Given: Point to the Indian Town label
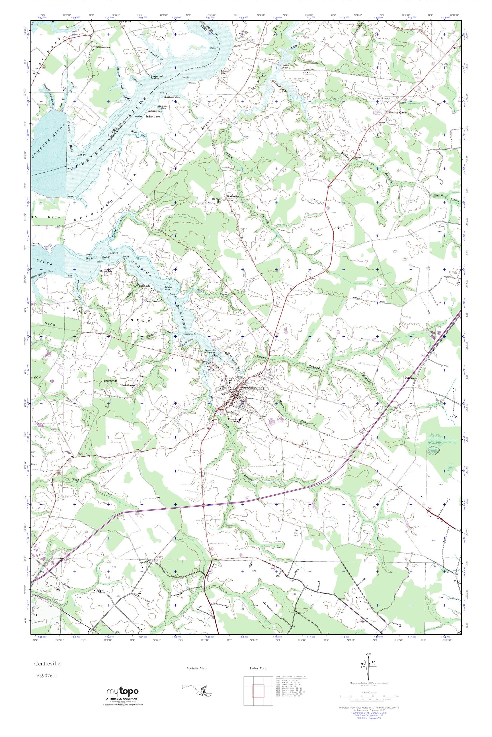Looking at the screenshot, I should pos(153,117).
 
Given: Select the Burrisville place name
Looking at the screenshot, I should pos(233,196).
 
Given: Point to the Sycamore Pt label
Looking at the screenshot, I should pos(190,334).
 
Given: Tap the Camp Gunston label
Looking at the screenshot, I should pos(153,301).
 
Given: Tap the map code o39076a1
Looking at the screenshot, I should pos(46,673).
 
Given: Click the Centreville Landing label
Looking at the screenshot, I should pos(210,351).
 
